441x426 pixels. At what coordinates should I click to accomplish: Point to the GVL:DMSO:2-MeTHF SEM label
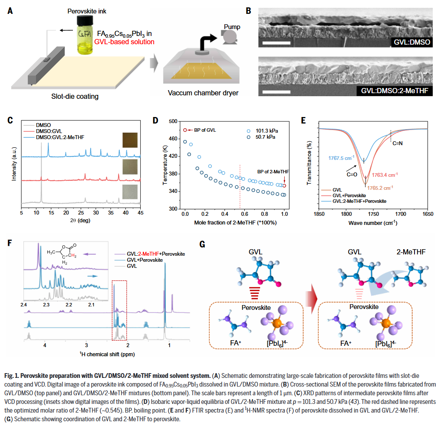pos(397,91)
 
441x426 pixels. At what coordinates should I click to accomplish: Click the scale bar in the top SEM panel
pos(276,43)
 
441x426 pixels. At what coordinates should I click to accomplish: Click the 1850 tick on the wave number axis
pos(319,213)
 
